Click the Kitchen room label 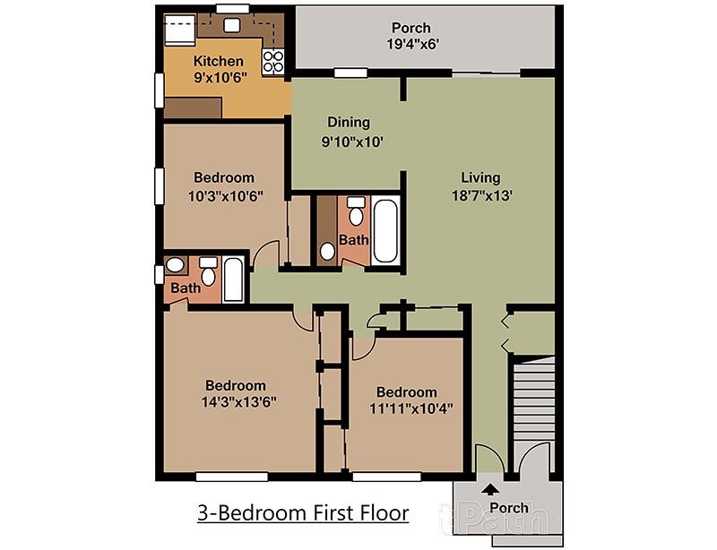click(218, 61)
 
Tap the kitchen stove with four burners click(273, 62)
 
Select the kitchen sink click(231, 25)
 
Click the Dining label click(349, 123)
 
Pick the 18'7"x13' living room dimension click(481, 195)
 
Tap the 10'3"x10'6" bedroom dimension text click(226, 196)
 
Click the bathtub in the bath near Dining click(385, 230)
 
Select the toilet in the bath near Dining click(356, 211)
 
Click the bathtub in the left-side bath click(233, 279)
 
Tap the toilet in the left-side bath click(208, 271)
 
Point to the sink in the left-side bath click(175, 265)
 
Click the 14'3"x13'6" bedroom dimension click(238, 402)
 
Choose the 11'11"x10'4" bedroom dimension click(411, 408)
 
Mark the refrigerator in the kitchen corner click(180, 30)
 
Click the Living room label click(480, 177)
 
